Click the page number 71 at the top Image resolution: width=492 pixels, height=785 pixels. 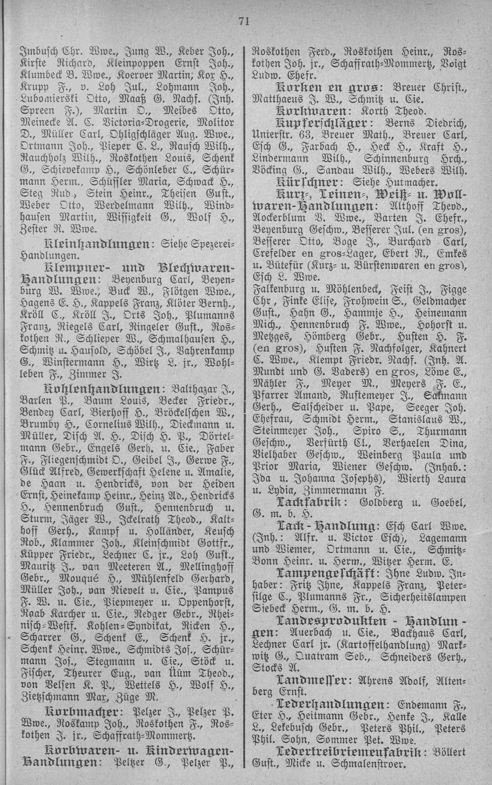244,20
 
